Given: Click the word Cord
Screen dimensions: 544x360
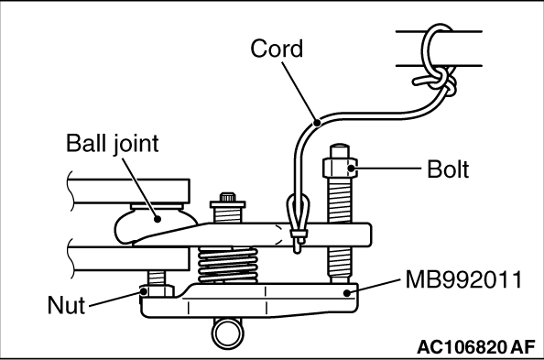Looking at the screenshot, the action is pos(277,49).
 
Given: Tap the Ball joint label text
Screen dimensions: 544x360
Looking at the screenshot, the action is pos(112,143).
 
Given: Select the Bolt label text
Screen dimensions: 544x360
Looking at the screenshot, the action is pos(448,169).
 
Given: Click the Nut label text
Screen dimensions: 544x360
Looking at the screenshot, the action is pos(66,305).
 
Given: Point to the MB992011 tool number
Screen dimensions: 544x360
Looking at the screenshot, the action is pos(463,279).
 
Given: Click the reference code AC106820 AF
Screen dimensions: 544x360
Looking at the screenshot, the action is pos(476,347).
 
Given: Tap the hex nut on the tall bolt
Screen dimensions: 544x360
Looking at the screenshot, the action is pos(340,169).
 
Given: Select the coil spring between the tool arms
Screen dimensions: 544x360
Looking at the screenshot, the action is pos(228,265).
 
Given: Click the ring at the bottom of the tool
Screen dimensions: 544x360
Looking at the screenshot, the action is pos(228,333).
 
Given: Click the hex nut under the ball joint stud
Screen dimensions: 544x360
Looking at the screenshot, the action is pos(157,291).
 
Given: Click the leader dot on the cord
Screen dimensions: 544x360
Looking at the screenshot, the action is pos(316,122).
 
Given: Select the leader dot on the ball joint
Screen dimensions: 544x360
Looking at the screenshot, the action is pos(158,219).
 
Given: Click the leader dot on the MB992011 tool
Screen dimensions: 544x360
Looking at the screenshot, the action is pos(346,293).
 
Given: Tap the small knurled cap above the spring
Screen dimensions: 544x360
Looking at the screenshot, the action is pos(228,197).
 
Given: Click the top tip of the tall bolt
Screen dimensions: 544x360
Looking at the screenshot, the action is pos(340,145).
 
